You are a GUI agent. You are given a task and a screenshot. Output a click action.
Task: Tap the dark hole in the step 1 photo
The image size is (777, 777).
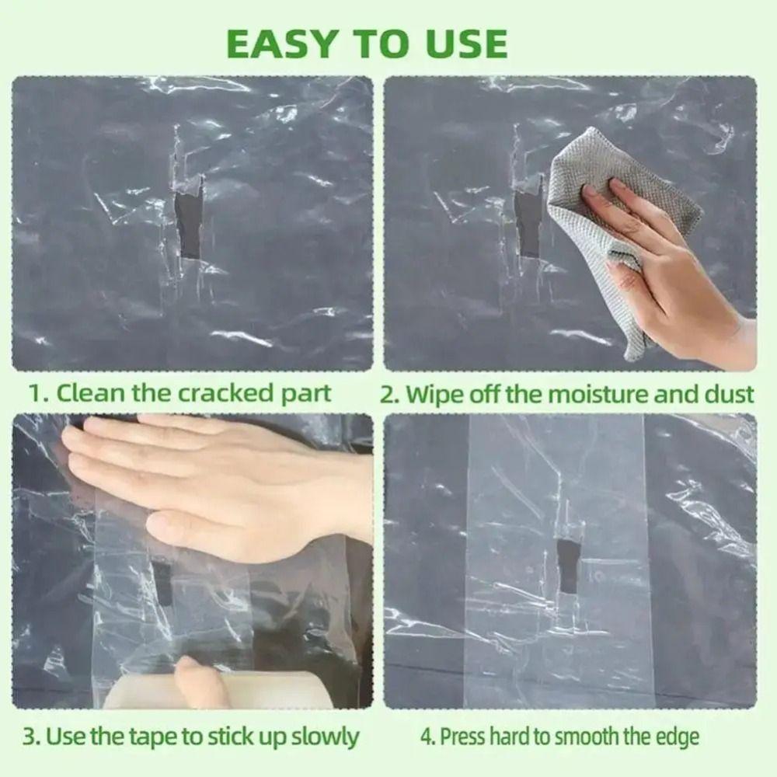[190, 225]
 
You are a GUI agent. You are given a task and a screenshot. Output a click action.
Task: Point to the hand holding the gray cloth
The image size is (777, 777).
[660, 256]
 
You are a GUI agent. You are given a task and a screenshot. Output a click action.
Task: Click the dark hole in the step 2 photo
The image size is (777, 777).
[528, 225]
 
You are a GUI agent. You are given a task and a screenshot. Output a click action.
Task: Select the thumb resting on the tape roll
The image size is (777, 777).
[198, 680]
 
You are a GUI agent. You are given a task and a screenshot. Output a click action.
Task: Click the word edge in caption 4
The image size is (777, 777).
[678, 736]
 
